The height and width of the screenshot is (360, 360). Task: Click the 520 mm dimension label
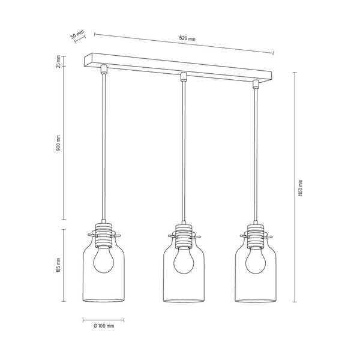188,39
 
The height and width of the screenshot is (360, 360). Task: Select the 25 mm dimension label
59,62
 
